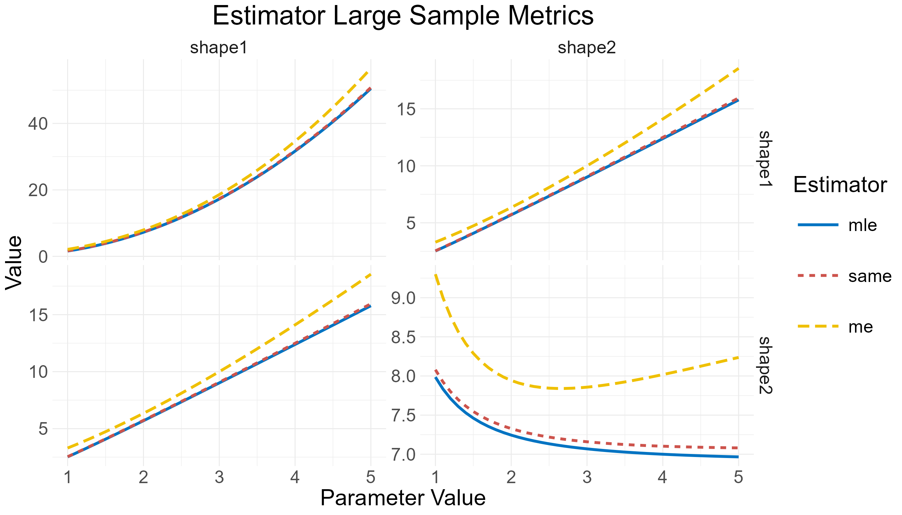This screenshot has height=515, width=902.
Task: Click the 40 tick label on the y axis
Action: click(38, 124)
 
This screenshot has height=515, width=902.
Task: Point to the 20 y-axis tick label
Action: click(38, 190)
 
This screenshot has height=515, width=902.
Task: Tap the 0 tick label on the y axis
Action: click(43, 257)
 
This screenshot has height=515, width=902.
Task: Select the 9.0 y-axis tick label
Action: click(404, 298)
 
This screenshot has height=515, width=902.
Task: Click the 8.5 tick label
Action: click(404, 337)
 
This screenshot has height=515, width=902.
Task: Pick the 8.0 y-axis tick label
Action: click(404, 376)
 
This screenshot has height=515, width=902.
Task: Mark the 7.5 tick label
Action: click(404, 416)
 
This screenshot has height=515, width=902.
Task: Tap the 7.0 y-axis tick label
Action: click(404, 455)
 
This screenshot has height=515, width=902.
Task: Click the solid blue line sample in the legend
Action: click(818, 225)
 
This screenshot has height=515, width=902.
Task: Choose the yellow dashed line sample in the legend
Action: click(818, 326)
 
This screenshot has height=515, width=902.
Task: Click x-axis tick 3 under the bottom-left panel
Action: click(219, 477)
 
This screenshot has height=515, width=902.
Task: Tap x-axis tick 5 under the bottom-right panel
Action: click(738, 477)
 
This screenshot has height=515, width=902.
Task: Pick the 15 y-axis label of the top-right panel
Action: click(406, 109)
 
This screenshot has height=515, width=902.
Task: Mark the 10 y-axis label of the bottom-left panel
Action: click(38, 372)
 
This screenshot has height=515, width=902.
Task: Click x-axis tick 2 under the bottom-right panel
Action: click(511, 477)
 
